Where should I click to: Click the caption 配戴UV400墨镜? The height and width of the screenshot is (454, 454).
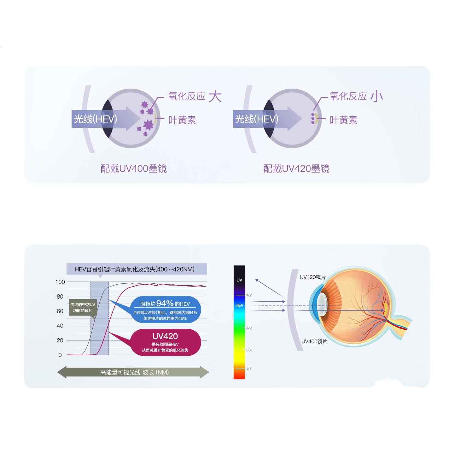(134, 169)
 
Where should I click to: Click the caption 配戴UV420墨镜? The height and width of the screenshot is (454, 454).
(296, 169)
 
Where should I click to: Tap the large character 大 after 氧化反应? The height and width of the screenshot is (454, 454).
(215, 96)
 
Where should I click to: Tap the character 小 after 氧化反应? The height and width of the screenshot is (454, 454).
(376, 96)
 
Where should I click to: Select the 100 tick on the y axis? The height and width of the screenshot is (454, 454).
(60, 282)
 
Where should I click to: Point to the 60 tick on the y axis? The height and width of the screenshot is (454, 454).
(60, 311)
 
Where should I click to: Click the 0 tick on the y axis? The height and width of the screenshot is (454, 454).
(60, 355)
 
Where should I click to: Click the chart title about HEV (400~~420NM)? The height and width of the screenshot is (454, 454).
(135, 269)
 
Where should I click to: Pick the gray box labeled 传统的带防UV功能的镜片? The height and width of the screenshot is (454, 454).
(83, 307)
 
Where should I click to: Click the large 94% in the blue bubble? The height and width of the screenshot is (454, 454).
(165, 303)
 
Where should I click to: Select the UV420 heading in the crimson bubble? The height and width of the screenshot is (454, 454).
(165, 336)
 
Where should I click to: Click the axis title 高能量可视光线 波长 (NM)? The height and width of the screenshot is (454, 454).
(135, 372)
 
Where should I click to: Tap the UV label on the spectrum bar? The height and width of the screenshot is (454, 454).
(239, 280)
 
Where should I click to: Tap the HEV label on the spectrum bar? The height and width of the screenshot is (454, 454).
(239, 305)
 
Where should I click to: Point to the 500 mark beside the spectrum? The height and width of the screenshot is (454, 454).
(249, 329)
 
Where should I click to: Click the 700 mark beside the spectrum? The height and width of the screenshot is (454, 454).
(249, 369)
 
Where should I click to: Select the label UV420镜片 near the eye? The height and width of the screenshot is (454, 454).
(313, 277)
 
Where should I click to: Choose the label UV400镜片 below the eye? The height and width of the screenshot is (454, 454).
(314, 342)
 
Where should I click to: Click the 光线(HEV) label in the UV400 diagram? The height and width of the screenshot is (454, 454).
(95, 119)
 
